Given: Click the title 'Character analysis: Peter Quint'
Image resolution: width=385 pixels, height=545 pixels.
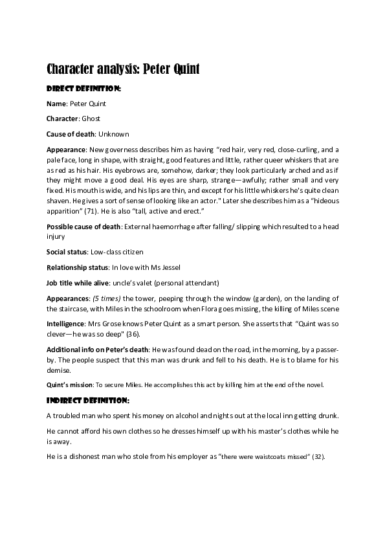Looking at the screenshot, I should click(x=123, y=69).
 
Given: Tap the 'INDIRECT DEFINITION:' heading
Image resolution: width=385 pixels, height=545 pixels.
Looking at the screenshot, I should click(x=88, y=400).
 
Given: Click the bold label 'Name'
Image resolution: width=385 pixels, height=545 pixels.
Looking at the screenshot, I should click(x=57, y=104).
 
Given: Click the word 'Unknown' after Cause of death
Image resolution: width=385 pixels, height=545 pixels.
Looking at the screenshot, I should click(x=113, y=135).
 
